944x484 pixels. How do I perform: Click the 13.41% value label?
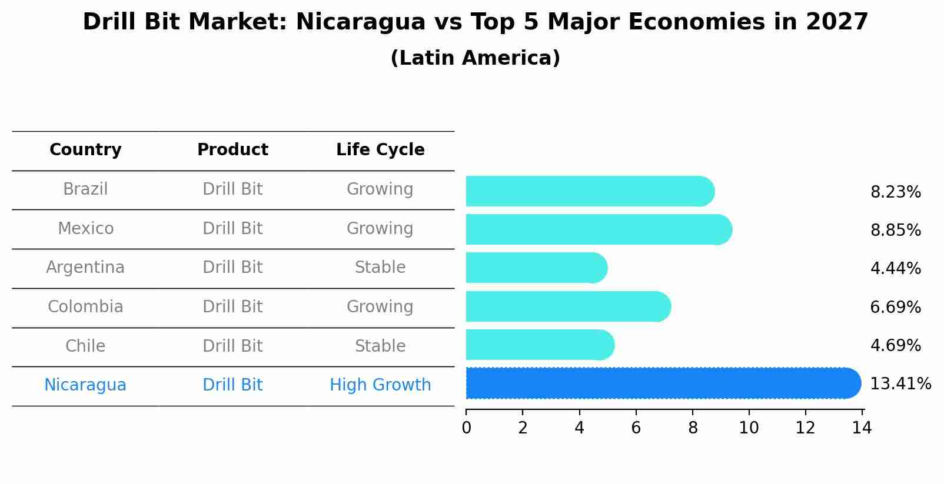[900, 384]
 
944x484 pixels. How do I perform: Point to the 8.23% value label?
[895, 192]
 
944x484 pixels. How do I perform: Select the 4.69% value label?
[895, 345]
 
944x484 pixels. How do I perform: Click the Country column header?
[85, 150]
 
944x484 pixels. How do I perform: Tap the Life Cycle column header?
[380, 150]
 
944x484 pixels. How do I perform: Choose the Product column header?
[232, 150]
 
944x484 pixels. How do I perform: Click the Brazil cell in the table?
[85, 189]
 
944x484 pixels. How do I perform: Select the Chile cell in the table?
[85, 346]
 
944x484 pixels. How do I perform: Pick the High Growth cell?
[380, 385]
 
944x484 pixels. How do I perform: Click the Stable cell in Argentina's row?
[380, 268]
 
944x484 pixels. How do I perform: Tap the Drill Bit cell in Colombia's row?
[232, 307]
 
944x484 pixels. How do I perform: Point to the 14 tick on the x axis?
[862, 428]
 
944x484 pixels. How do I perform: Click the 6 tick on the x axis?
[636, 428]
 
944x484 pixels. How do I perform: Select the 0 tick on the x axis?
[466, 428]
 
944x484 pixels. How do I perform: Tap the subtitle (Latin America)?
[475, 58]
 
